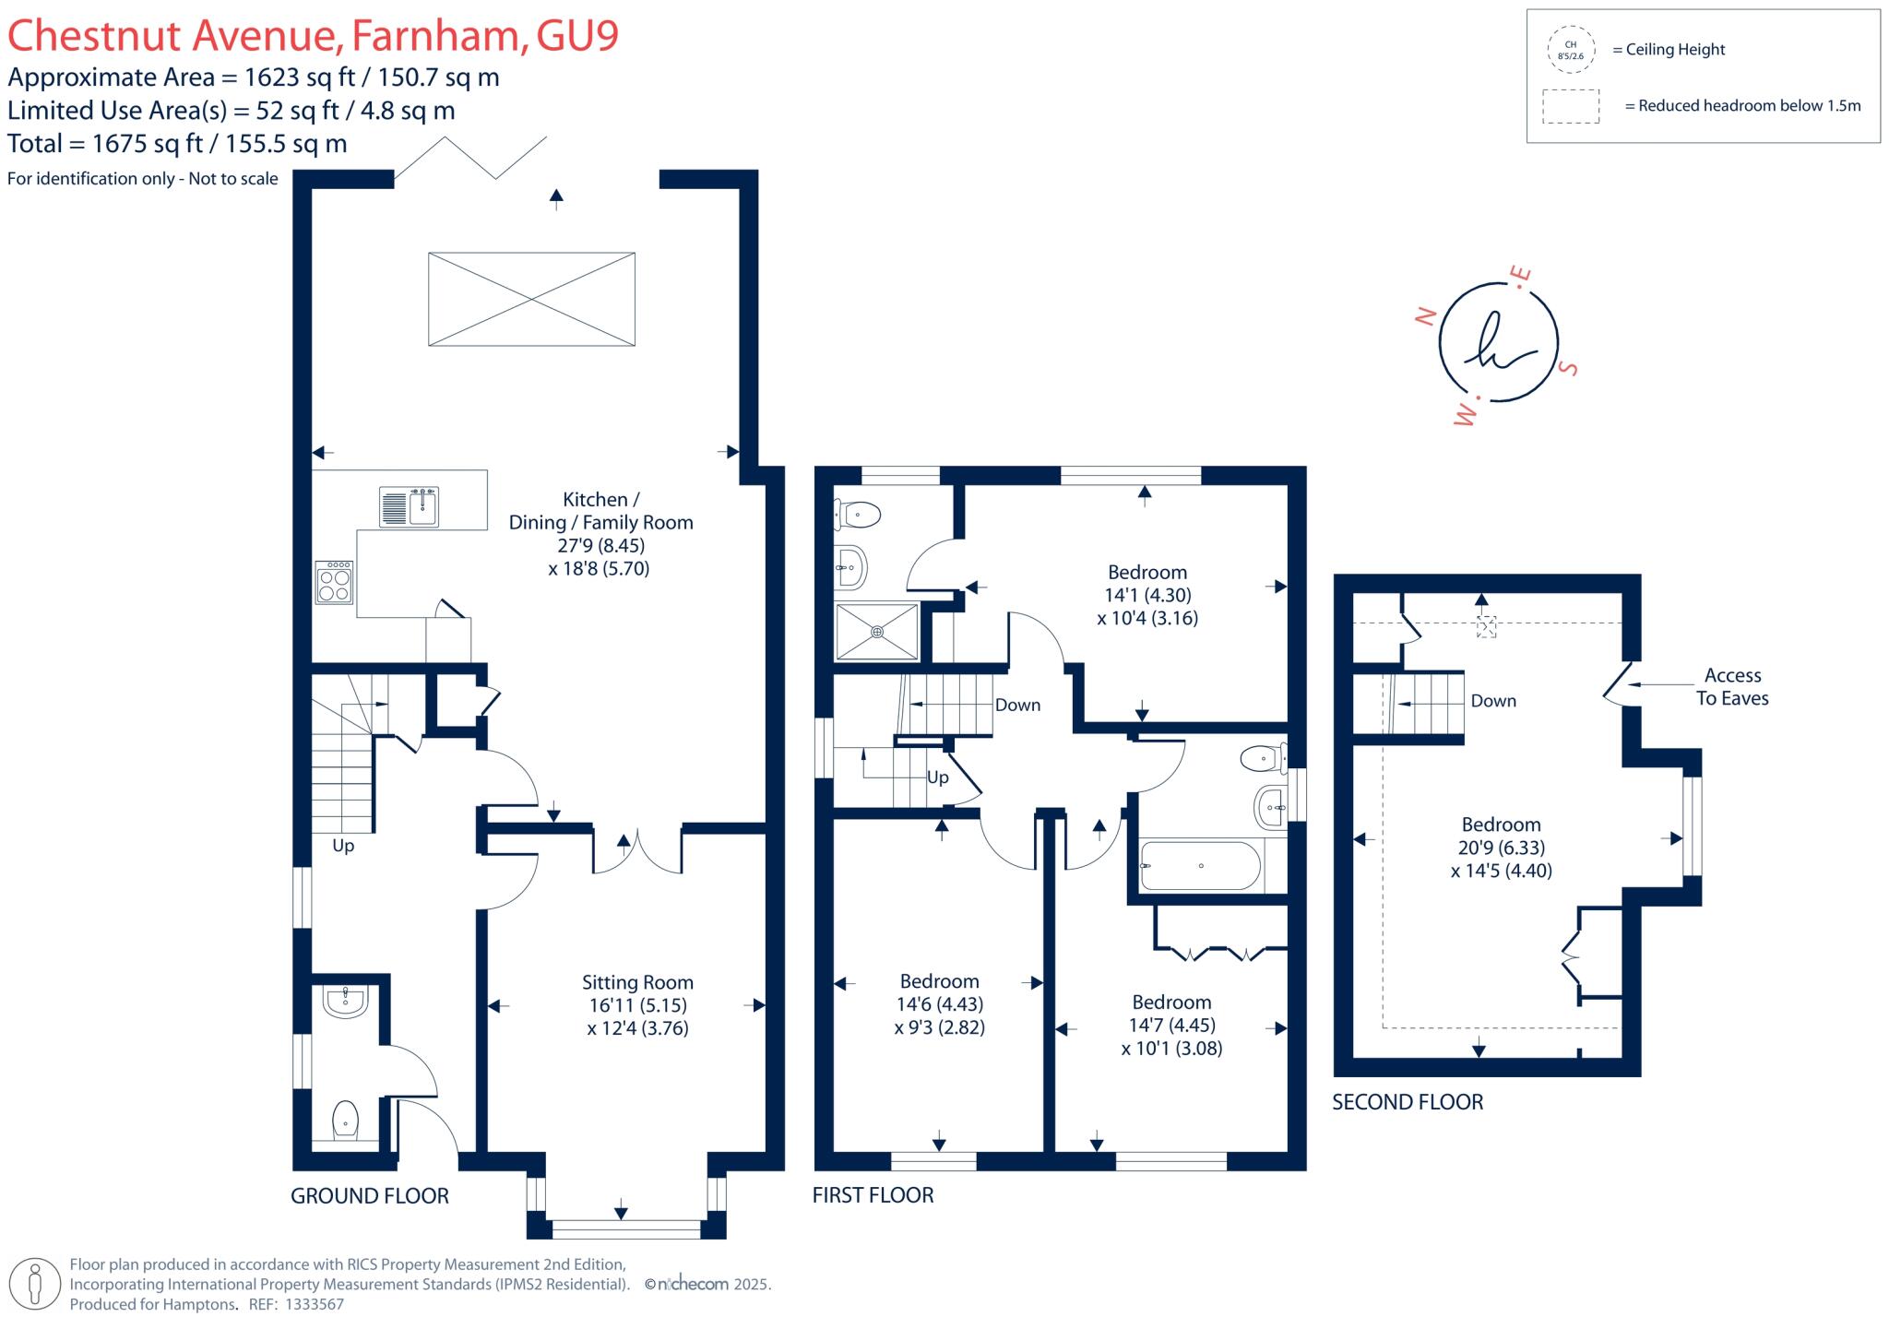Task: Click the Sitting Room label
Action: (637, 983)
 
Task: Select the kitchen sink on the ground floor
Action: (410, 507)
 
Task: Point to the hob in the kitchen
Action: (334, 583)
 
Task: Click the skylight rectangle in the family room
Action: (531, 299)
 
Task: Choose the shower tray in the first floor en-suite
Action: (876, 632)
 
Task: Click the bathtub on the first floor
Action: (1200, 866)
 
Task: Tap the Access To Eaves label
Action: (1731, 687)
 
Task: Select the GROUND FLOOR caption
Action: (369, 1196)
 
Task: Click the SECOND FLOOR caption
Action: (1408, 1102)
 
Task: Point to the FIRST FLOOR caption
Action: (873, 1195)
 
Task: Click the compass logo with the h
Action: (1497, 342)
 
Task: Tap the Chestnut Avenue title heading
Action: (313, 35)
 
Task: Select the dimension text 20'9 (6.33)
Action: (1501, 848)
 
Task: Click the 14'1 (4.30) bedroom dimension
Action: (1147, 596)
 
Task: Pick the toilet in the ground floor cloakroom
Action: (345, 1119)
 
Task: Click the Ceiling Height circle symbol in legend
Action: (1570, 50)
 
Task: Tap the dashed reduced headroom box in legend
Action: (1571, 106)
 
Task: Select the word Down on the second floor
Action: (1493, 701)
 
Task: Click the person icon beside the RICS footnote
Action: (36, 1284)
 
